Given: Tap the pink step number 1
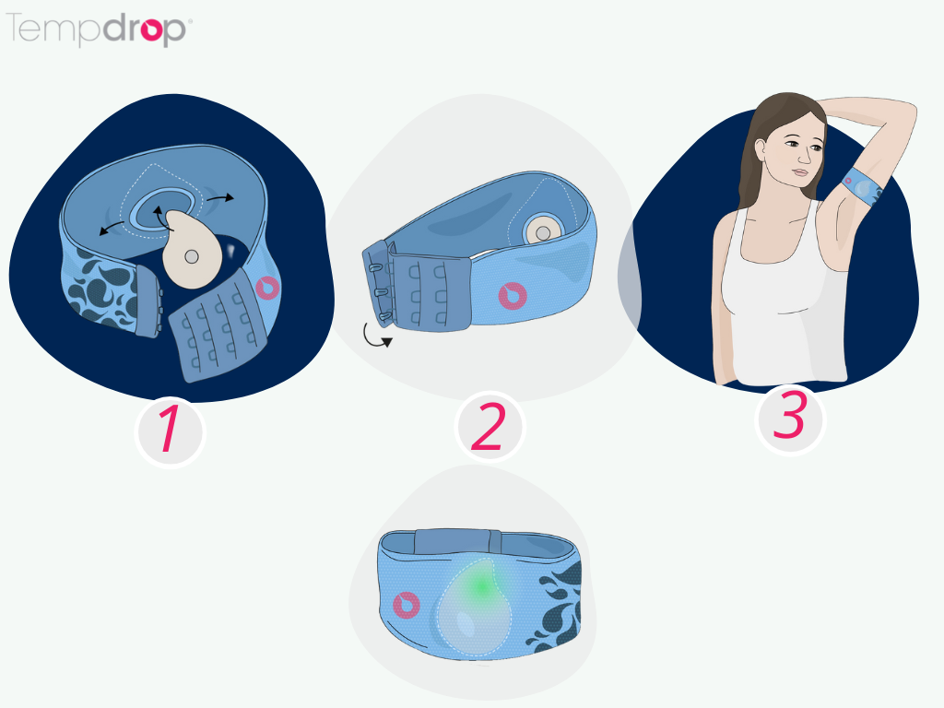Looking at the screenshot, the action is tap(170, 429).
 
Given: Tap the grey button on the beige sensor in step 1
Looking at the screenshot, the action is tap(192, 257).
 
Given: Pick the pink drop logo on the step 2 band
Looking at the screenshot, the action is tap(513, 296).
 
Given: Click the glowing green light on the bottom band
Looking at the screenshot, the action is tap(479, 585).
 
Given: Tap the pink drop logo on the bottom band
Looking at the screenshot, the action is tap(406, 605).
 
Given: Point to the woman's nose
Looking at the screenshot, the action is tap(804, 156).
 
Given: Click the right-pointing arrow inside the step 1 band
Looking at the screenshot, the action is tap(219, 197).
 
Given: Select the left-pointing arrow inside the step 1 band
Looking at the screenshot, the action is tap(112, 228).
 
